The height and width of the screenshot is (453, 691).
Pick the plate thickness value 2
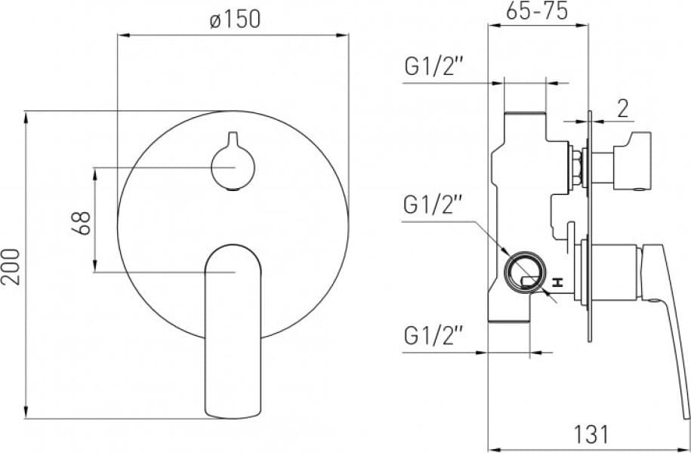point(622,109)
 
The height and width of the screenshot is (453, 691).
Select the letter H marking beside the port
point(557,282)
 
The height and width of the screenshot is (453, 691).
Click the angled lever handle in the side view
point(665,302)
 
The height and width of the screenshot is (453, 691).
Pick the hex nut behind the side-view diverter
point(576,166)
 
